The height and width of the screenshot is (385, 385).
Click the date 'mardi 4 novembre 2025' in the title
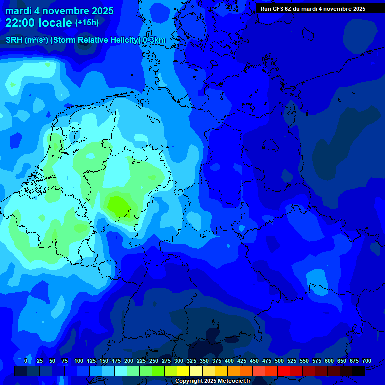(x=59, y=11)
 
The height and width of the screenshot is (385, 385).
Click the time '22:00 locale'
(x=39, y=23)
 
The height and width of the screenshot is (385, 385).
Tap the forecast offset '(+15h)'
(x=87, y=23)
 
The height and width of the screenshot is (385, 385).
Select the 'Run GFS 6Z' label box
(x=313, y=9)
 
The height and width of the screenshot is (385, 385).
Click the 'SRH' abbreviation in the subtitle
(x=14, y=40)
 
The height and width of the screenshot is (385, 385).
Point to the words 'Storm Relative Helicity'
(x=95, y=40)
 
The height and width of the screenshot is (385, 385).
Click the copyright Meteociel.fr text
(x=213, y=381)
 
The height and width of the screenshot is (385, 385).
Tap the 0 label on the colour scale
(x=26, y=361)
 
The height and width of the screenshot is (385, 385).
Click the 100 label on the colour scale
(x=79, y=361)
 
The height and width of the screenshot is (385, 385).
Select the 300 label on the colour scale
(x=179, y=361)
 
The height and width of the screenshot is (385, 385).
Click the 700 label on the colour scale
(x=367, y=361)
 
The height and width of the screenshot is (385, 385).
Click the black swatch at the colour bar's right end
(x=359, y=371)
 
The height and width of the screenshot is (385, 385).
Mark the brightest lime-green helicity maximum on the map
(x=119, y=205)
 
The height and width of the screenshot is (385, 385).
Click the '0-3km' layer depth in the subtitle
(x=154, y=40)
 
